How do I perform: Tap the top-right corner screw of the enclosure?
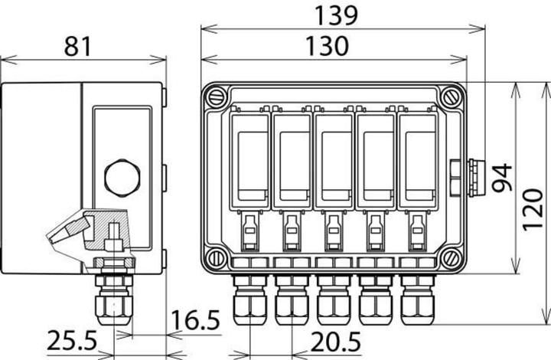449,97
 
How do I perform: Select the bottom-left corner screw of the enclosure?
217,258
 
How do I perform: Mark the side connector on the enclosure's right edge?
466,177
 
